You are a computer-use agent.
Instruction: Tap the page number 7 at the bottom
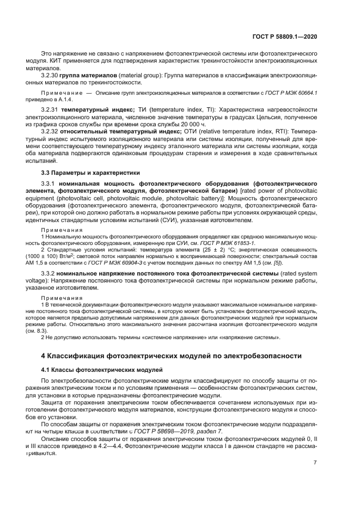[x=315, y=463]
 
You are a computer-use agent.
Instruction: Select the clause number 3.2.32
[x=50, y=132]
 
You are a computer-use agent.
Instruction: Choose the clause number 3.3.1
[x=49, y=185]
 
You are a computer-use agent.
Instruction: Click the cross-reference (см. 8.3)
[x=50, y=330]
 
